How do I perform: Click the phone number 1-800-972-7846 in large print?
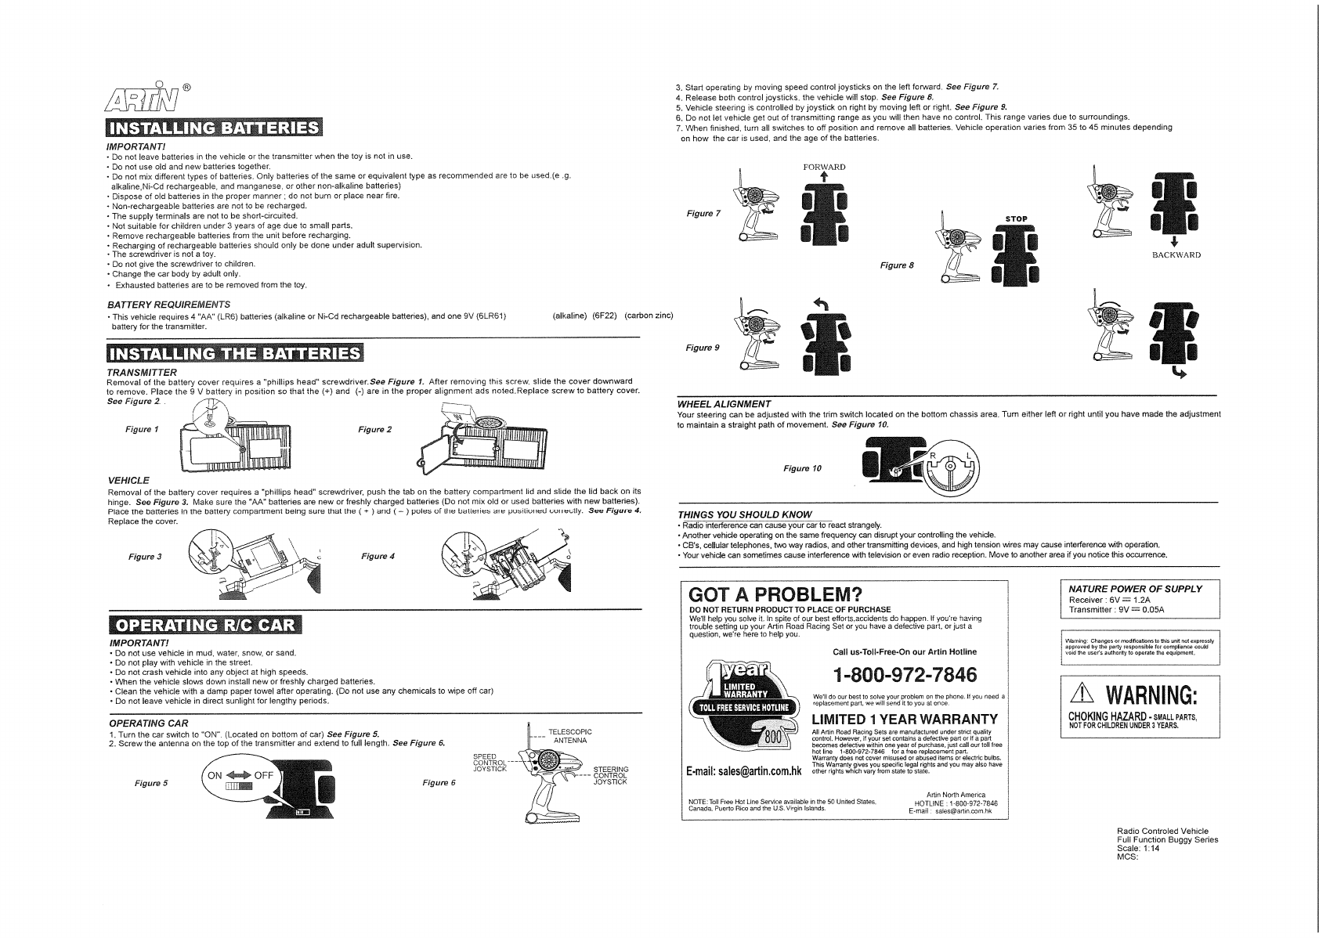(x=905, y=674)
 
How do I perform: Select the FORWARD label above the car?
(x=824, y=167)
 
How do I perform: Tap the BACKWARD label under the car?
(x=1176, y=254)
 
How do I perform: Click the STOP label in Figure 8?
(x=1015, y=218)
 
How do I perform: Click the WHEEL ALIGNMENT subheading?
(x=724, y=403)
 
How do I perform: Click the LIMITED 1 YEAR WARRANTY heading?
(x=905, y=720)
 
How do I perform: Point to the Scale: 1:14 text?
(x=1138, y=849)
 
